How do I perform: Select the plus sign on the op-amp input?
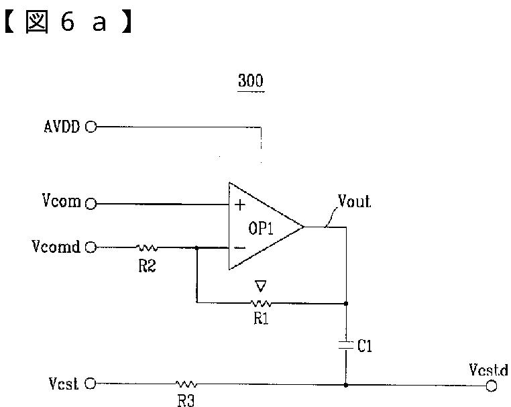(240, 205)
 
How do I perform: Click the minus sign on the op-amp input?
(239, 247)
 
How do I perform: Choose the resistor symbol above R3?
(186, 385)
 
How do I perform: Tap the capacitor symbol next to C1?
(346, 345)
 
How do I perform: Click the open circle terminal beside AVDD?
(91, 126)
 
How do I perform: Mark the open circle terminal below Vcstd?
(492, 386)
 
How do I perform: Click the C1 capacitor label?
(365, 346)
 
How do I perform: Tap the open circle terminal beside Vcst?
(91, 384)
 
